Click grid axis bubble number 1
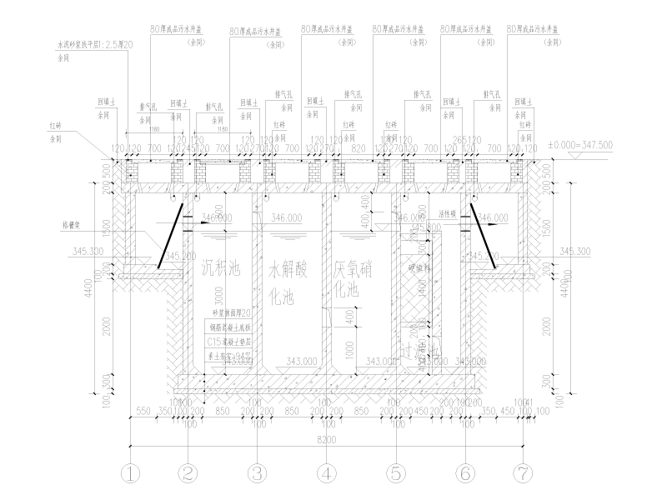click(x=131, y=473)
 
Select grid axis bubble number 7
click(x=522, y=473)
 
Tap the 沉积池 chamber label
click(x=220, y=268)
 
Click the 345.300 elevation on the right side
click(x=575, y=250)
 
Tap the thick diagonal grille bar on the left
click(x=171, y=234)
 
